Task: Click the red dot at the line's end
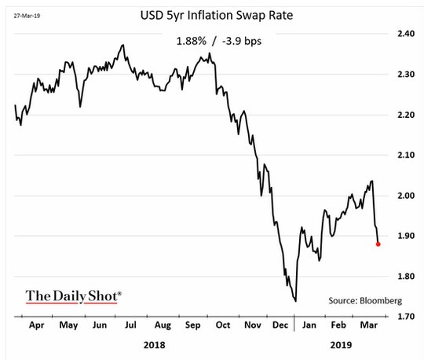[x=378, y=244]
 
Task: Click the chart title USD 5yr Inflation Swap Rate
[x=217, y=15]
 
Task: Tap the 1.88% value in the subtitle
[x=191, y=41]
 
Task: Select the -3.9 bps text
[x=242, y=41]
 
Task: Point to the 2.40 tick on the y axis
[x=406, y=34]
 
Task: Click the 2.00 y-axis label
[x=406, y=196]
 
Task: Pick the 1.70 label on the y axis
[x=406, y=316]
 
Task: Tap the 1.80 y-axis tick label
[x=406, y=277]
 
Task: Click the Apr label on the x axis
[x=36, y=325]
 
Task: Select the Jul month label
[x=130, y=325]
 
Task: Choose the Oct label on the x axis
[x=223, y=325]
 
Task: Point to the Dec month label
[x=280, y=325]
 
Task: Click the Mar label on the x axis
[x=369, y=325]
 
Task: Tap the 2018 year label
[x=154, y=345]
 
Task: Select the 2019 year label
[x=341, y=345]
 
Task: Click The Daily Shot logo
[x=73, y=296]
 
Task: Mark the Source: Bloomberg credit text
[x=365, y=301]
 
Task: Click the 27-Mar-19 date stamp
[x=27, y=16]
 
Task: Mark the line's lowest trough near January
[x=295, y=301]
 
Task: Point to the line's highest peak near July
[x=123, y=45]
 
